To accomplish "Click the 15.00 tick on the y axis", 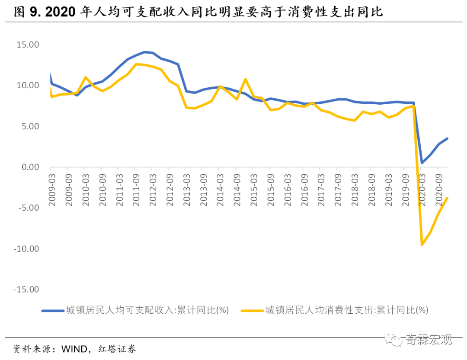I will click(x=27, y=45).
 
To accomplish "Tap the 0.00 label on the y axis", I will click(x=30, y=167).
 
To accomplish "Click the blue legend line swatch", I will click(x=52, y=310).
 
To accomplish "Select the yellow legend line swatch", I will click(x=252, y=310).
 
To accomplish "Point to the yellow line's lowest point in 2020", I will click(x=422, y=245).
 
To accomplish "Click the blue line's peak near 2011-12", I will click(x=144, y=52).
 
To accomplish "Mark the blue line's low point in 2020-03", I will click(x=422, y=163).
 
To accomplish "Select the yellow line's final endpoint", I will click(x=447, y=198).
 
